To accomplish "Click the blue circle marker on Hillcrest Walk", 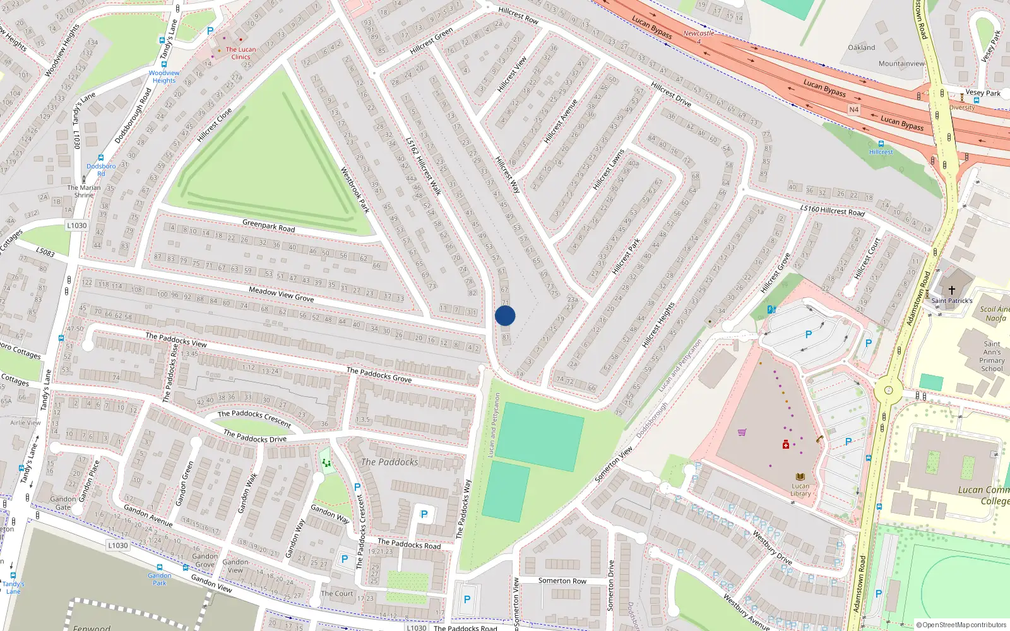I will (505, 315).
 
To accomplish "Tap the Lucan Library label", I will (800, 490).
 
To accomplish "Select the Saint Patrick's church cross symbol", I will (952, 290).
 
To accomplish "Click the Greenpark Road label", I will (268, 225).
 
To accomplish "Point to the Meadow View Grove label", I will (281, 293).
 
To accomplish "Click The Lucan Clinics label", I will (241, 53).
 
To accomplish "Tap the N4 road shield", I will (853, 110).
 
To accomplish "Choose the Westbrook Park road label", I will (354, 189).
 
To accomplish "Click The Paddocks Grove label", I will (379, 375).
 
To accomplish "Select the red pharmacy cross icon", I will (785, 444).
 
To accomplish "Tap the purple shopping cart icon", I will (742, 432).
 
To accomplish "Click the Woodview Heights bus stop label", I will (164, 76).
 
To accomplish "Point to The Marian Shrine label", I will (84, 191).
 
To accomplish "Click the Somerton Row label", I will (562, 581).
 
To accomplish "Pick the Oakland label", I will (861, 47).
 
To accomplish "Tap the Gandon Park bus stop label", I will (159, 579).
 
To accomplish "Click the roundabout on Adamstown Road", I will (888, 390).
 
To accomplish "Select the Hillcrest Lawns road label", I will (609, 169).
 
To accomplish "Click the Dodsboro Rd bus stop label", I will (101, 170).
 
